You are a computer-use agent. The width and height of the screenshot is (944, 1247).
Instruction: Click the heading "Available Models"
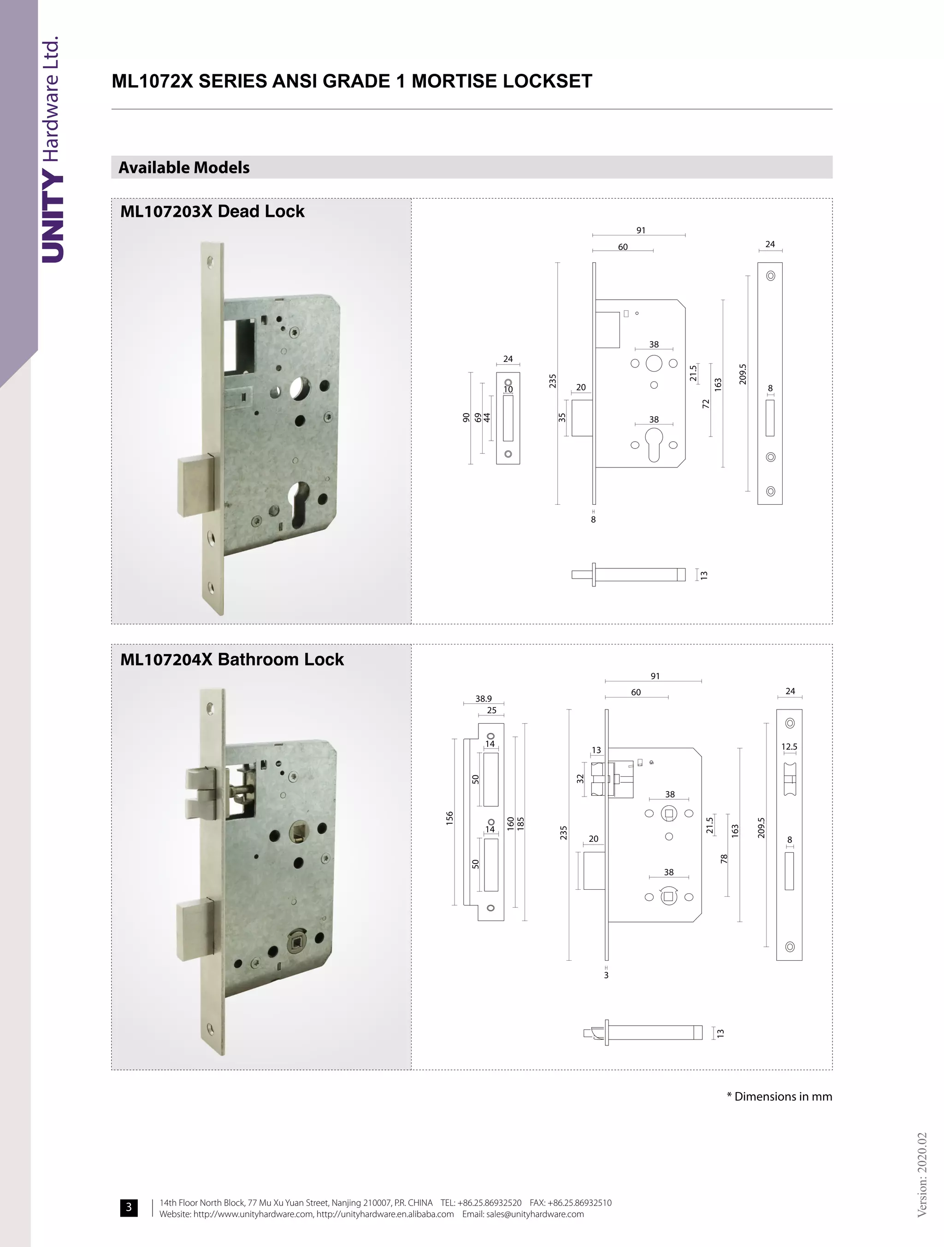pos(184,167)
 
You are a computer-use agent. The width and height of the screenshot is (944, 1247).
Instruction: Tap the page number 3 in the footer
pos(129,1207)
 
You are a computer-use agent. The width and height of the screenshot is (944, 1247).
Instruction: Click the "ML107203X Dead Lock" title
pos(212,212)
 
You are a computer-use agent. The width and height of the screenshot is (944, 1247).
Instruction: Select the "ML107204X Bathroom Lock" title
pos(232,659)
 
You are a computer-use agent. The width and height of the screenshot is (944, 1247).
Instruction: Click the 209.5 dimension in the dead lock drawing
pos(743,374)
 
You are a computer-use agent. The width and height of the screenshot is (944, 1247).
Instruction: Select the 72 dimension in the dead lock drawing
pos(705,404)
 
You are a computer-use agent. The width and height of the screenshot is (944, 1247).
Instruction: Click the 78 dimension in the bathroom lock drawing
pos(724,858)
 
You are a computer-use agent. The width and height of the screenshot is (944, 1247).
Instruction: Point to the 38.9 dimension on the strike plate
pos(483,698)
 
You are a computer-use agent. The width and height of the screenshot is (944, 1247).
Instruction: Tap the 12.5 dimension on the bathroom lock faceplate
pos(789,746)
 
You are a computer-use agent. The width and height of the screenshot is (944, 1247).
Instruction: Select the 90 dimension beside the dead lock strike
pos(466,418)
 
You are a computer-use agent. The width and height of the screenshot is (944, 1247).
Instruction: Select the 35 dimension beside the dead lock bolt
pos(562,417)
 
